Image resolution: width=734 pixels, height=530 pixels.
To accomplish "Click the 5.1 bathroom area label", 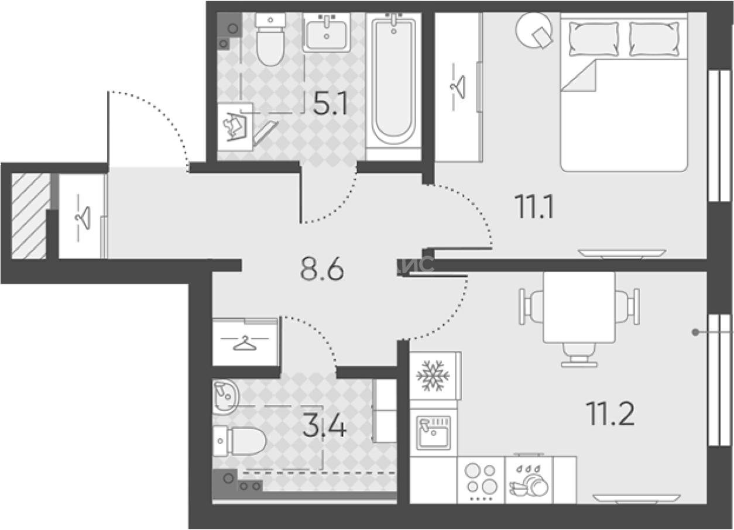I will pyautogui.click(x=331, y=105).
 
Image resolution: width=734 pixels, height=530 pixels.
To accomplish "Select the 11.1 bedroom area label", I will pyautogui.click(x=534, y=207).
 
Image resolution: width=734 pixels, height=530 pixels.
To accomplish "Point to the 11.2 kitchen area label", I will pyautogui.click(x=610, y=414).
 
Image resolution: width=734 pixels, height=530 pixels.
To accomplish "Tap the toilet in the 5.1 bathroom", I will pyautogui.click(x=270, y=41).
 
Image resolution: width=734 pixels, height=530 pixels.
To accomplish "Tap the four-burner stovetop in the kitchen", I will pyautogui.click(x=480, y=480).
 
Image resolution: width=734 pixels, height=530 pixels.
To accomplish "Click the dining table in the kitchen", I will pyautogui.click(x=579, y=307).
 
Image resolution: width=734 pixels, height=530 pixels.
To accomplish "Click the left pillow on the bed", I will pyautogui.click(x=594, y=39).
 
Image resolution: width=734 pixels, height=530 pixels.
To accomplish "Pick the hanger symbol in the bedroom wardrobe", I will pyautogui.click(x=458, y=87).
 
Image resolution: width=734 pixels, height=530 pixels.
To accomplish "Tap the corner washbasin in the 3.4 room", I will pyautogui.click(x=224, y=397).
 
